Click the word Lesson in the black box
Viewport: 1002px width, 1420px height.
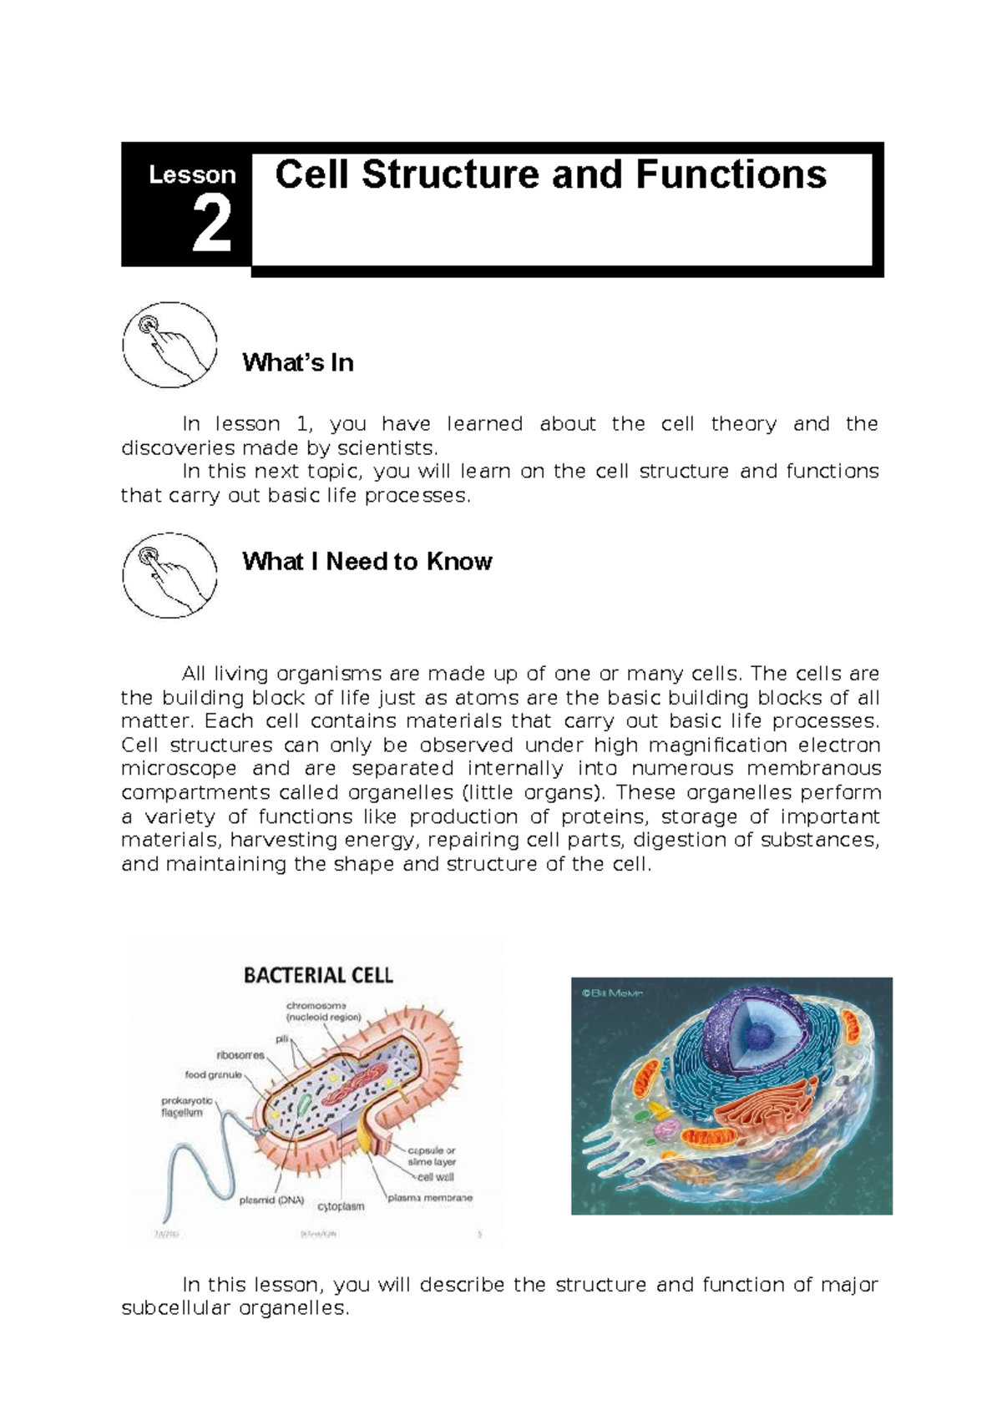[192, 174]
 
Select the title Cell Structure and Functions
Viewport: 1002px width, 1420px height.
[551, 175]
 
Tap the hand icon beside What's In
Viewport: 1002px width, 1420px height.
[170, 345]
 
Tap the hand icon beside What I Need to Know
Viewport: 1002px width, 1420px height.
[170, 575]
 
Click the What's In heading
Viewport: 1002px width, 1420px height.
[298, 363]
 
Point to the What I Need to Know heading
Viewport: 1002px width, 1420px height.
[367, 561]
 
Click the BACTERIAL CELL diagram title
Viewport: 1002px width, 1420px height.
[318, 975]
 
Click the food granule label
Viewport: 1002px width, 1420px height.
[213, 1075]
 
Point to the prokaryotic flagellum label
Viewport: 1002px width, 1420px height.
[187, 1106]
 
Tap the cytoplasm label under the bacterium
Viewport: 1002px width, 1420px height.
[341, 1206]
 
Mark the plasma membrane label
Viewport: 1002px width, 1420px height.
[431, 1197]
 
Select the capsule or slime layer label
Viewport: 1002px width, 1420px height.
[432, 1156]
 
